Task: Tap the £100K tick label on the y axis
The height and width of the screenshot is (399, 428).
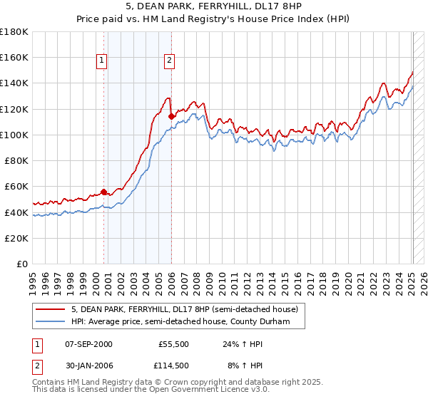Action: pyautogui.click(x=14, y=135)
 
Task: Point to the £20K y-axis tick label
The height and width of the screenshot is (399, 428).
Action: pyautogui.click(x=16, y=239)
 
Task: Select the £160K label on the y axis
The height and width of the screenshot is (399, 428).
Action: pyautogui.click(x=14, y=57)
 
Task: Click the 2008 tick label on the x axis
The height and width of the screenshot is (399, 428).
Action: pyautogui.click(x=195, y=278)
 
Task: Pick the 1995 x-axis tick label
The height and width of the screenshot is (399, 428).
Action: pyautogui.click(x=32, y=278)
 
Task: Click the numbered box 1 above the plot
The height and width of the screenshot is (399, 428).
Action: pyautogui.click(x=103, y=61)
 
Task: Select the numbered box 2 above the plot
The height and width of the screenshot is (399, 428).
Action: pyautogui.click(x=170, y=61)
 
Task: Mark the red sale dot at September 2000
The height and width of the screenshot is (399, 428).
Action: pyautogui.click(x=103, y=192)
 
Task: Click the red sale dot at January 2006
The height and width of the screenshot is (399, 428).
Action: pyautogui.click(x=171, y=115)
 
